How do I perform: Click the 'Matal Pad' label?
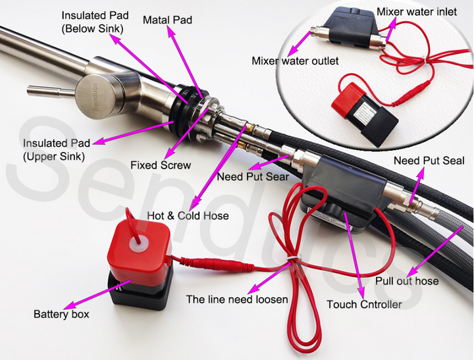(167, 20)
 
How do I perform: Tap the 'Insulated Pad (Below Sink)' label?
(95, 22)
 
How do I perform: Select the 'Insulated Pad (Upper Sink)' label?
(57, 149)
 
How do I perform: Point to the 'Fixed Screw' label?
(161, 165)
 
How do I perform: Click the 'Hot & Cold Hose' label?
(188, 215)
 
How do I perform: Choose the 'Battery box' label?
(61, 314)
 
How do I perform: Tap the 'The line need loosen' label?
(237, 299)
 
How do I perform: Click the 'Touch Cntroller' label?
(364, 304)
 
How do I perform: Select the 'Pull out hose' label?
(407, 281)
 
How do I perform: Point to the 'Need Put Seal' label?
(429, 161)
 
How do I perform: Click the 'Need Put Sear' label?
(253, 176)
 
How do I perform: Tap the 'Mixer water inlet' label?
(417, 12)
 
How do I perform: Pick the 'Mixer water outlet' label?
(295, 61)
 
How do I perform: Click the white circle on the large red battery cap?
(138, 245)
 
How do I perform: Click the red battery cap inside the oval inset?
(346, 96)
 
